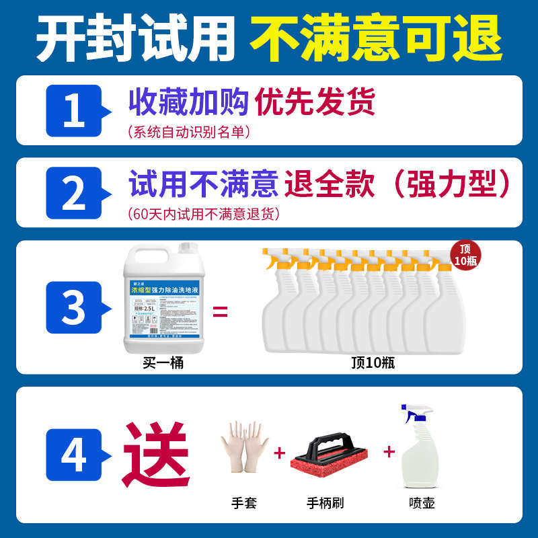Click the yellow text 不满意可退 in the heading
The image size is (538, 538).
[376, 37]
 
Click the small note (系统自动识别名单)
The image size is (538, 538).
[189, 132]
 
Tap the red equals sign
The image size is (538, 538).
[221, 311]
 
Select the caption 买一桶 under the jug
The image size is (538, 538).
[163, 363]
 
